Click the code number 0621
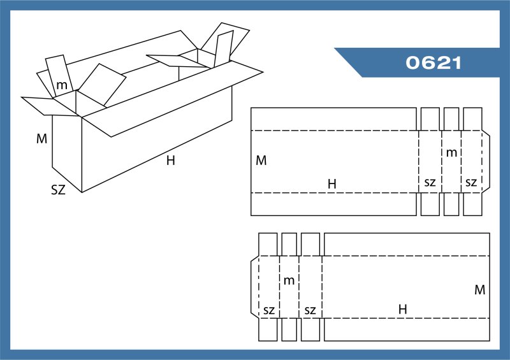433,63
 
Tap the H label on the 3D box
170,161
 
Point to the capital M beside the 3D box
41,138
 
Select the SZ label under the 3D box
58,189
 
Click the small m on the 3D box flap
62,85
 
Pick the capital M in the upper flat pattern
261,161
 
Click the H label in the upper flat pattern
331,184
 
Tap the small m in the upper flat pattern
451,153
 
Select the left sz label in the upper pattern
430,183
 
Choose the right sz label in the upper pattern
471,183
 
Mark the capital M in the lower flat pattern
479,290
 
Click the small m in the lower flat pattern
289,280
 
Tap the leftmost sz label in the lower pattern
268,310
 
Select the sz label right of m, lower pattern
310,310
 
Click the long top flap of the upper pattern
333,119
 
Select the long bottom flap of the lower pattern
406,329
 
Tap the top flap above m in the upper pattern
451,119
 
